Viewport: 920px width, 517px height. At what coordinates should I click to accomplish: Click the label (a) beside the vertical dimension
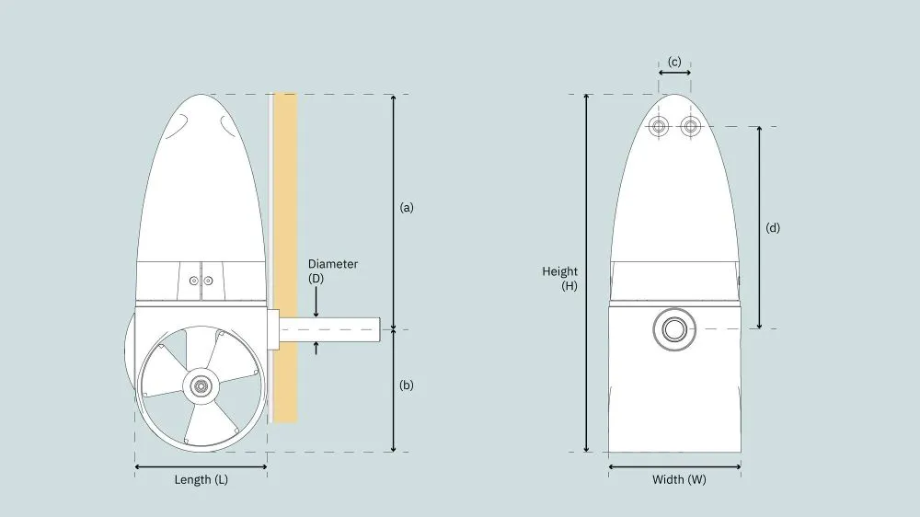coord(407,207)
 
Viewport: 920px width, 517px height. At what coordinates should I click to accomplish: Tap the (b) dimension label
coord(407,385)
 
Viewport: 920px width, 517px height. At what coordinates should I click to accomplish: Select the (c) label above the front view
coord(674,62)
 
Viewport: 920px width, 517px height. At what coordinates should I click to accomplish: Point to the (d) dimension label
coord(773,228)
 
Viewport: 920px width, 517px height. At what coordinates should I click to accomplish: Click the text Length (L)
coord(201,479)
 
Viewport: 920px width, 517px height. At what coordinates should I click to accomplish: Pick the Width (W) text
coord(680,479)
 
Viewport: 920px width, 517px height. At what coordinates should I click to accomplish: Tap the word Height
coord(559,271)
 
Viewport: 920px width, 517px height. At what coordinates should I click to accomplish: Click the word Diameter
coord(333,263)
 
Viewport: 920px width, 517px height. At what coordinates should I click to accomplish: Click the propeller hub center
coord(201,386)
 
